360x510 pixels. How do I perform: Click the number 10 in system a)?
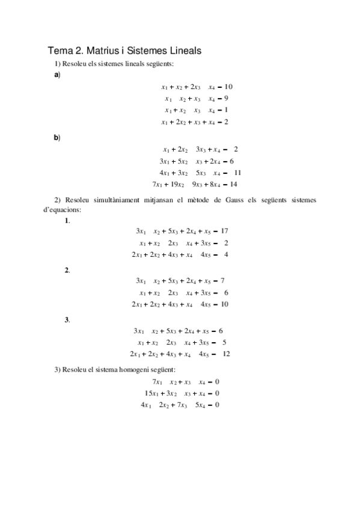tap(228, 87)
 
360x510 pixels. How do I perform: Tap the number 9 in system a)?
tap(226, 98)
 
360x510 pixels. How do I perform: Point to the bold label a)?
tap(57, 75)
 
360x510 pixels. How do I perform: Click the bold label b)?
tap(57, 137)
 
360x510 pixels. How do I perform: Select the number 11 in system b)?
tap(237, 173)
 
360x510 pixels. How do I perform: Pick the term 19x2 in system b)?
tap(178, 184)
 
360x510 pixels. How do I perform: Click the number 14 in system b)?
tap(234, 184)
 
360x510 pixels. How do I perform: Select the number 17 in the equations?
tap(225, 231)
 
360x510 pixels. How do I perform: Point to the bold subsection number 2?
tap(67, 270)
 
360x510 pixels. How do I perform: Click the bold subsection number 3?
tap(67, 319)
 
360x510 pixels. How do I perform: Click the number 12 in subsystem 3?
tap(226, 354)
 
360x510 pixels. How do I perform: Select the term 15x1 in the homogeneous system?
tap(151, 393)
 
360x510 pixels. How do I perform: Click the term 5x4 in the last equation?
tap(201, 405)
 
